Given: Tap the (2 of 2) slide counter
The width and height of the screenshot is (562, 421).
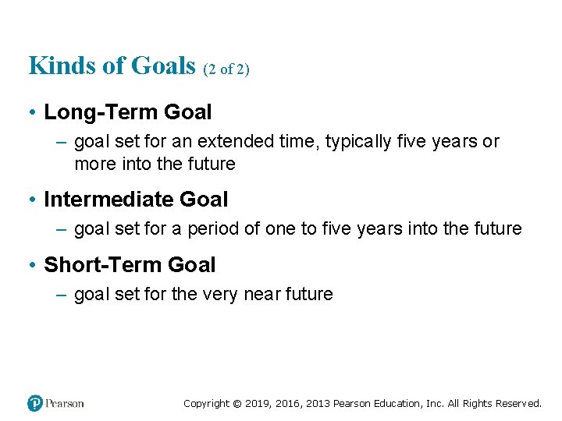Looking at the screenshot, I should coord(226,69).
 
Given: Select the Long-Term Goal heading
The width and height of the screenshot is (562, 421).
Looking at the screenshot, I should coord(127,112).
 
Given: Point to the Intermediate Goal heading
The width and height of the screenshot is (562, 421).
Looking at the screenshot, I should coord(136,200).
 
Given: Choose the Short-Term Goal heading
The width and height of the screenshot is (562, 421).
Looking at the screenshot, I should coord(130,265).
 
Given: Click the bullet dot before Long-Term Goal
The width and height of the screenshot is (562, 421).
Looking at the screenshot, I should coord(33,113).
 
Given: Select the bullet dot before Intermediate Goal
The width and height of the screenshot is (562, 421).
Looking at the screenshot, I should coord(33,200).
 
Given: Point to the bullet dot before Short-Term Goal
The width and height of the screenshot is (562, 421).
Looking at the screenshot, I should coord(33,266).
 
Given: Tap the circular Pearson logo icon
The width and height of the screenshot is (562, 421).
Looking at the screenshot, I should coord(35,403).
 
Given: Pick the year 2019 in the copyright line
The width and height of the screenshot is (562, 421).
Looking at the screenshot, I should coord(257,404).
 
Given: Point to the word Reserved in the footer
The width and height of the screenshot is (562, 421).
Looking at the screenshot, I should coord(516,404).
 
